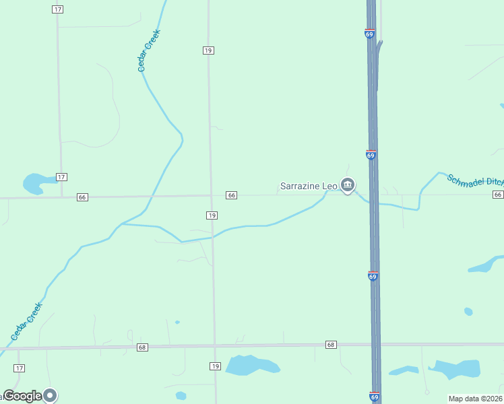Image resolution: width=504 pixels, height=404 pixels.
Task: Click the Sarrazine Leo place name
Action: click(309, 185)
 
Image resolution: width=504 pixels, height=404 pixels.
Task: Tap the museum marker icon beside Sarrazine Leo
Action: click(347, 184)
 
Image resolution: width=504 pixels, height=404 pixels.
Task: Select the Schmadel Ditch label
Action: click(475, 180)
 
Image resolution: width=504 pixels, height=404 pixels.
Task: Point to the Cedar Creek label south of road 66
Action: click(27, 321)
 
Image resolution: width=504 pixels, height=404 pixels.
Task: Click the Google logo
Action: click(23, 396)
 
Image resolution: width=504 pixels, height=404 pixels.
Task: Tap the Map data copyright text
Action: click(476, 399)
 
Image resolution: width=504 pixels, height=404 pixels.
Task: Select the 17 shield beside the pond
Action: click(61, 177)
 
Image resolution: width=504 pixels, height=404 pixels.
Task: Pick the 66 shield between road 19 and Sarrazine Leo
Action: click(231, 195)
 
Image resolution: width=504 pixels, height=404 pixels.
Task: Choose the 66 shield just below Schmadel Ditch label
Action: click(498, 195)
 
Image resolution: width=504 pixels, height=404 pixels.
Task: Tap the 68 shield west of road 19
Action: click(141, 347)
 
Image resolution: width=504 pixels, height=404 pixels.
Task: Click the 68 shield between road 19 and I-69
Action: click(330, 345)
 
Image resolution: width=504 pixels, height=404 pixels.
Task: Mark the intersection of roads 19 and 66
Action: click(212, 196)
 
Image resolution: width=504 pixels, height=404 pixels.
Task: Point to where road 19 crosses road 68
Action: click(214, 346)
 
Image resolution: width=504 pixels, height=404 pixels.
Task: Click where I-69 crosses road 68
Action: click(374, 345)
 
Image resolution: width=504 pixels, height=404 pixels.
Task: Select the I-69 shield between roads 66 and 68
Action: click(373, 276)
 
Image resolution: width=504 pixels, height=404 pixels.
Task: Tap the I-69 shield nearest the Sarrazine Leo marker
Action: click(371, 155)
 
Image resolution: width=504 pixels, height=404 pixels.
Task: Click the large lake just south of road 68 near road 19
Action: click(251, 365)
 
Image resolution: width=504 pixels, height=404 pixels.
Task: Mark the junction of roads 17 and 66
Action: click(62, 197)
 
